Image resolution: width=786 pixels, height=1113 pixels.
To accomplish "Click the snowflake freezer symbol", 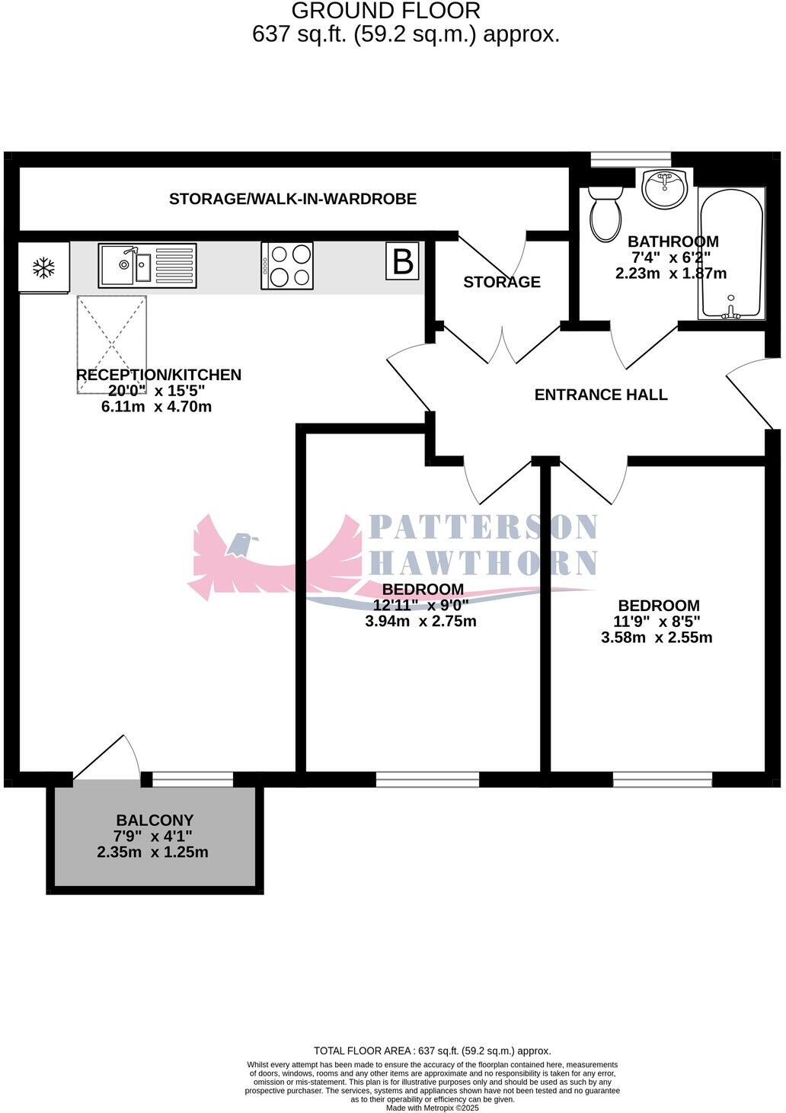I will pyautogui.click(x=44, y=267).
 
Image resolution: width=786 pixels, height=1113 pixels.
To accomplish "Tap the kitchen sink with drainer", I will pyautogui.click(x=147, y=265).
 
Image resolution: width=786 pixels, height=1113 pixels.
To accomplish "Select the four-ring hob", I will pyautogui.click(x=287, y=265).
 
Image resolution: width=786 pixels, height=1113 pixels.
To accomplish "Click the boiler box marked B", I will pyautogui.click(x=402, y=261).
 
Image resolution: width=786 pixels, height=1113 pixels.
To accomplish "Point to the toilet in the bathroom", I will pyautogui.click(x=606, y=213).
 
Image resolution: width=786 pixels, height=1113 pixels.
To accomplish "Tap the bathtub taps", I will pyautogui.click(x=731, y=309).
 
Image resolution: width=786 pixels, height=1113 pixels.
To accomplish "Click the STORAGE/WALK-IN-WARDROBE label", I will pyautogui.click(x=292, y=200).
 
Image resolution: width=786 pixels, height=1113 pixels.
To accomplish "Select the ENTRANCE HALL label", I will pyautogui.click(x=601, y=395).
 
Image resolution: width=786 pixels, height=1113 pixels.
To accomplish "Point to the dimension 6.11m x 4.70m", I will pyautogui.click(x=156, y=407).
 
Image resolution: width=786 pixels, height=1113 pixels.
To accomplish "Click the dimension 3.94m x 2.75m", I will pyautogui.click(x=420, y=621).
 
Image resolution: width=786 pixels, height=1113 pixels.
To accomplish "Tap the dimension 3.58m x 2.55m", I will pyautogui.click(x=657, y=638).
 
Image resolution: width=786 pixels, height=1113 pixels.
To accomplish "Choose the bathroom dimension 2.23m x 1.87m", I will pyautogui.click(x=670, y=273).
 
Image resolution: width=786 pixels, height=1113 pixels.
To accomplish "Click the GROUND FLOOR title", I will pyautogui.click(x=386, y=11).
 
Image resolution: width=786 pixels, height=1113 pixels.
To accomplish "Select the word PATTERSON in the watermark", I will pyautogui.click(x=483, y=527).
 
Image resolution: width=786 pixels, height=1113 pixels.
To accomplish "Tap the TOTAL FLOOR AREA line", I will pyautogui.click(x=432, y=1051).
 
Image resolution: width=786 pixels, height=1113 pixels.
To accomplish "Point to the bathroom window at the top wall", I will pyautogui.click(x=631, y=158).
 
